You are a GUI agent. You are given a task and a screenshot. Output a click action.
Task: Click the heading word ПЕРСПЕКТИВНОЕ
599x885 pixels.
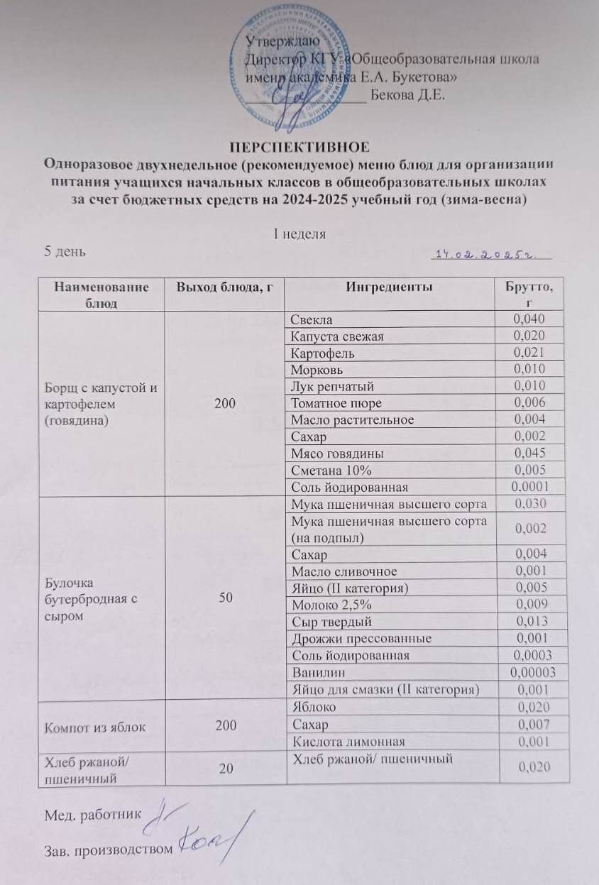299,148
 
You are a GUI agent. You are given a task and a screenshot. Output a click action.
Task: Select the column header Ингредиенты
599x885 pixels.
390,287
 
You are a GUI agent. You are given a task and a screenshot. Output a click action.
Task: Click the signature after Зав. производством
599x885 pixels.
214,845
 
